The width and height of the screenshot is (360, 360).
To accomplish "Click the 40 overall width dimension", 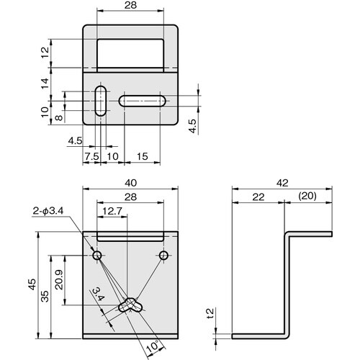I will click(130, 183).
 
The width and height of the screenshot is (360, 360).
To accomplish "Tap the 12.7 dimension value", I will click(113, 211).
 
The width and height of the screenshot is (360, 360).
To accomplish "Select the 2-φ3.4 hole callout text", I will click(48, 210).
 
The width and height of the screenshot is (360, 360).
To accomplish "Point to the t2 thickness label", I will click(210, 315).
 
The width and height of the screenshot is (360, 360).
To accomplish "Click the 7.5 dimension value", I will click(91, 155).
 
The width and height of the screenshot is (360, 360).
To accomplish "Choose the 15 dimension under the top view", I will click(142, 155).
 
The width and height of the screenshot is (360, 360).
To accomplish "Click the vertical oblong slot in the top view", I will click(101, 102).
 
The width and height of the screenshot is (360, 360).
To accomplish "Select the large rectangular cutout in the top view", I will click(130, 53).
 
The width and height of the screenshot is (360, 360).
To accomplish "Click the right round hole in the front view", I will click(164, 256).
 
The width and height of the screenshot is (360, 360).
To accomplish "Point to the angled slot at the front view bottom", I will click(132, 306).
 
